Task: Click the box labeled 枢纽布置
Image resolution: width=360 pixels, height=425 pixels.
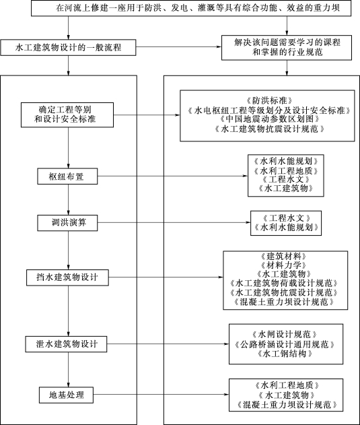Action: [x=67, y=176]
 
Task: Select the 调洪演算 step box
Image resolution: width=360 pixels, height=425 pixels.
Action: [x=67, y=223]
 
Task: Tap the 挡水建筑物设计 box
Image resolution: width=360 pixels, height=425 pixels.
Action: [x=67, y=277]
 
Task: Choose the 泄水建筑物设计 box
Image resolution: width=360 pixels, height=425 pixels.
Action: [x=66, y=344]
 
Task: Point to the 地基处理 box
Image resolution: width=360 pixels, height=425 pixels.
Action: [x=67, y=395]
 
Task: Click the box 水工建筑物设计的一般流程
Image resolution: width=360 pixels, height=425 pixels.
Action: [x=68, y=48]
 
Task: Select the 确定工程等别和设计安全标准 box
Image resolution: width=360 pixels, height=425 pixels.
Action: [x=67, y=115]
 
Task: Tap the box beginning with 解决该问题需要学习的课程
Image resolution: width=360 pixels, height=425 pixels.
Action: [x=287, y=47]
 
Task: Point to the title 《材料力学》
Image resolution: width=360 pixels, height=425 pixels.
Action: [x=283, y=265]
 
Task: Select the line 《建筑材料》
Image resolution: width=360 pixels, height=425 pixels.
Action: [x=283, y=256]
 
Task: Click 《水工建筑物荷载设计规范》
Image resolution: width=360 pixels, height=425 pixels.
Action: [x=283, y=284]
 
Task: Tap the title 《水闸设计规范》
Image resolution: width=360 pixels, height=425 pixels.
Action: [x=285, y=334]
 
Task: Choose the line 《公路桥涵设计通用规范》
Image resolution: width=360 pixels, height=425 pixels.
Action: [x=285, y=344]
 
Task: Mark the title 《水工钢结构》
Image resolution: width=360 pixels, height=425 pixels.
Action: [x=285, y=354]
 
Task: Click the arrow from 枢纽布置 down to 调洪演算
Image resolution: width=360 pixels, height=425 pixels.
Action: [x=68, y=200]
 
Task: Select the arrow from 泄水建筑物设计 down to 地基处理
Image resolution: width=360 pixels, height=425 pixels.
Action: [x=68, y=370]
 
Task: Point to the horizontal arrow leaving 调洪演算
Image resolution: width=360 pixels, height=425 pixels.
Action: [x=174, y=222]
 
